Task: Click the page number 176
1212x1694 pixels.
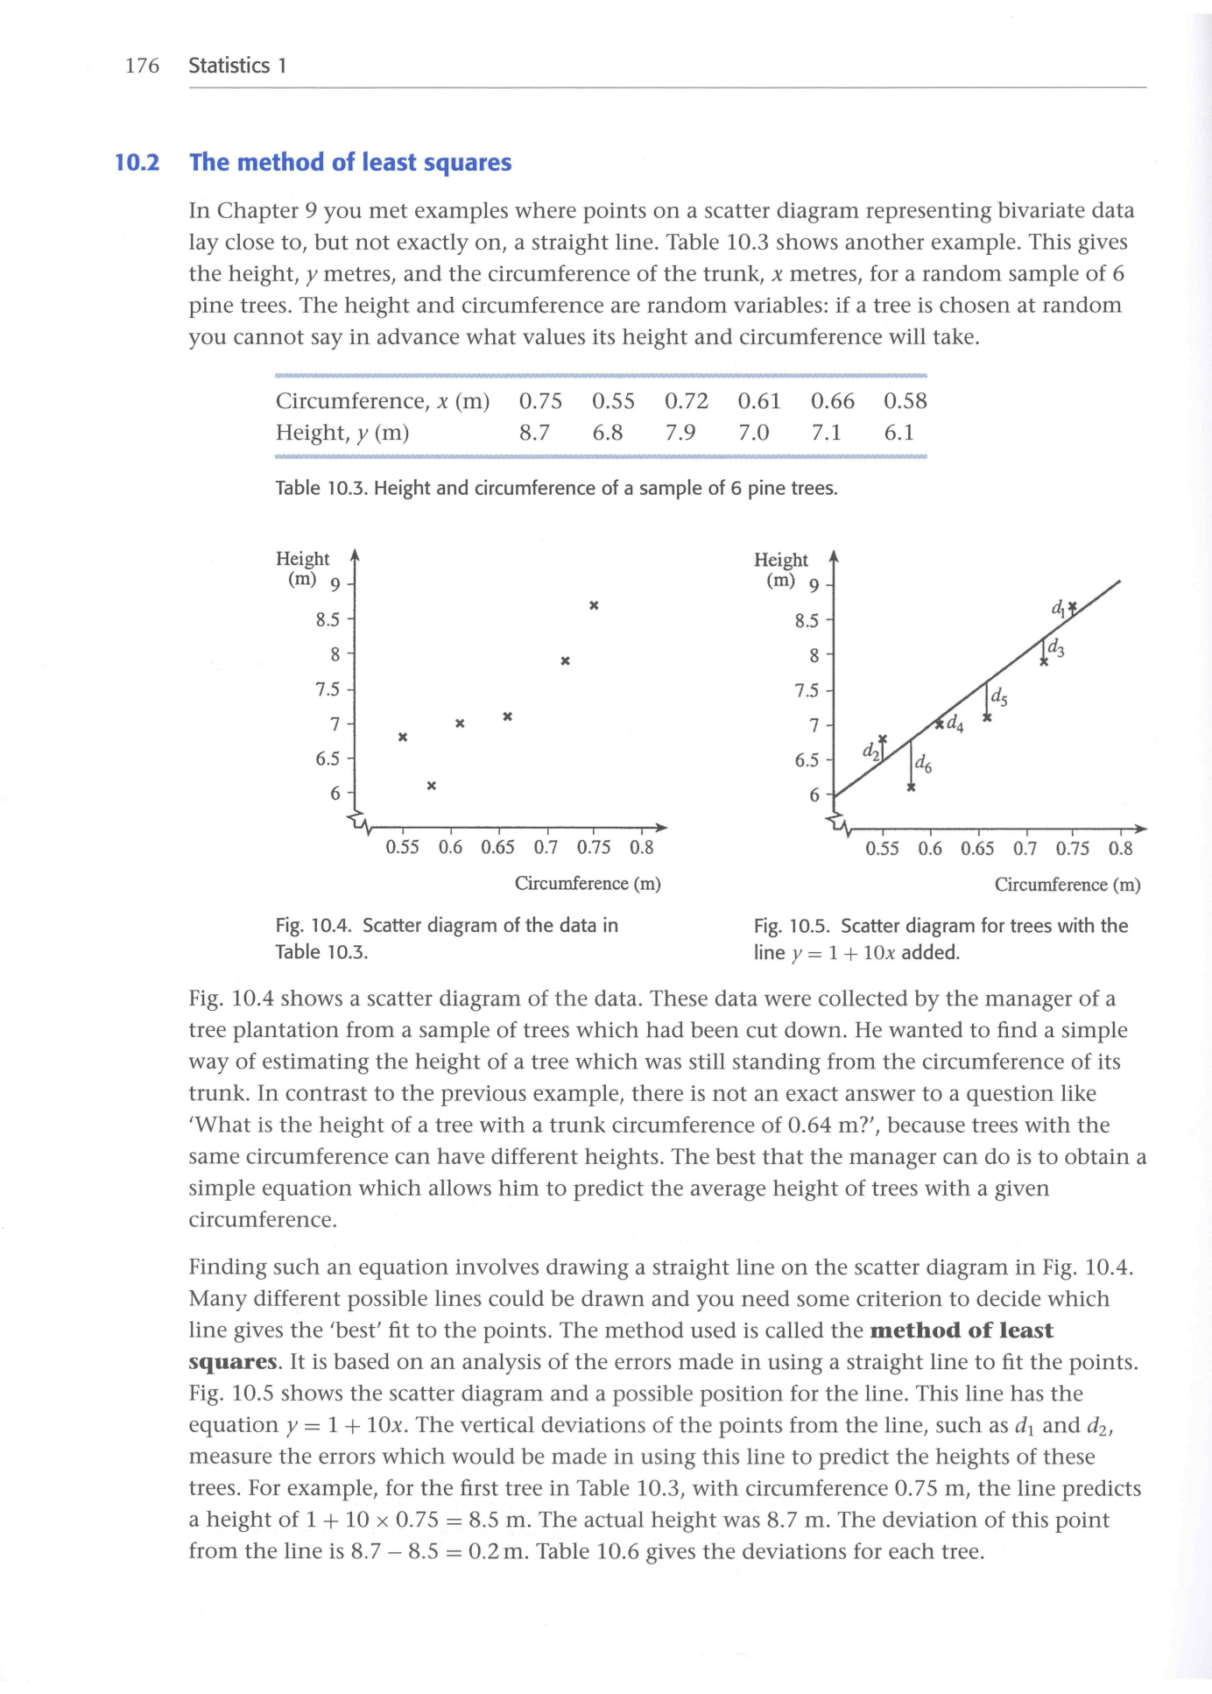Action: [x=142, y=66]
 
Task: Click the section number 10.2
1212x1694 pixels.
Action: [x=137, y=163]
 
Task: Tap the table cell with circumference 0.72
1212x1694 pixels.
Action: [x=686, y=401]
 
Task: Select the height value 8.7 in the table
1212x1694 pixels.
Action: [x=534, y=433]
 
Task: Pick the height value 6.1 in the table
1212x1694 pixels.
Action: [x=898, y=433]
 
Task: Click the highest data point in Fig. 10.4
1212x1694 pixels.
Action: [x=594, y=605]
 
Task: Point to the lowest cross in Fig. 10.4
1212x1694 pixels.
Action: [x=431, y=786]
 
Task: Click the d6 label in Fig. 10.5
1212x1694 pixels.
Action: [x=923, y=765]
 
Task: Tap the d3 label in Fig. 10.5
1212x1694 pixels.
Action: [x=1056, y=648]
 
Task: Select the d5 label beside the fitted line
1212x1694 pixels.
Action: [x=998, y=699]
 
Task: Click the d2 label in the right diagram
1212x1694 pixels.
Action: [x=870, y=752]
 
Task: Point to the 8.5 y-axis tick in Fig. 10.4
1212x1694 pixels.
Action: [x=328, y=620]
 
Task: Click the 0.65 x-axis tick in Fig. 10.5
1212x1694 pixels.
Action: [x=977, y=849]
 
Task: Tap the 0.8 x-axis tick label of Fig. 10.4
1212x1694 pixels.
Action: [x=641, y=848]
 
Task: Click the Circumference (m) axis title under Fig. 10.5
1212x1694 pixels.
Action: [x=1067, y=885]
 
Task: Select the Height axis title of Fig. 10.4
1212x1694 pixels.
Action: [x=302, y=559]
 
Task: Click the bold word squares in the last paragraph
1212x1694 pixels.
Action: [x=233, y=1362]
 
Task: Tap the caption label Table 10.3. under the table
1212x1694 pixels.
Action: [x=322, y=488]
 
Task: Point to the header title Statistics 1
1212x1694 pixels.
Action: [x=237, y=66]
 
